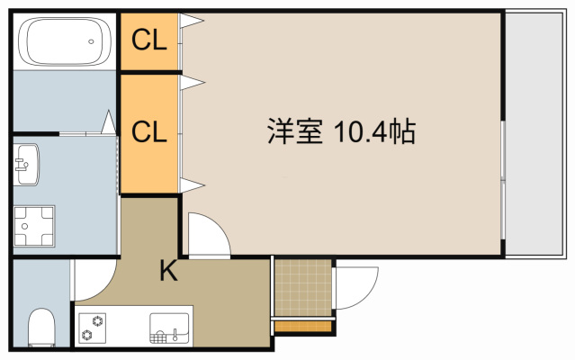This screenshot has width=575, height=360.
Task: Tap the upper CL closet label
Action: point(149,40)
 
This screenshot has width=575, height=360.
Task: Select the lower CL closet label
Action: point(149,131)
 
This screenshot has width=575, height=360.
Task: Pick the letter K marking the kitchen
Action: point(168,269)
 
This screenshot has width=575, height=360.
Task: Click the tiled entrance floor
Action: point(302,288)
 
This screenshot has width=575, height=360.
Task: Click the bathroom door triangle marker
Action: point(108,121)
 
